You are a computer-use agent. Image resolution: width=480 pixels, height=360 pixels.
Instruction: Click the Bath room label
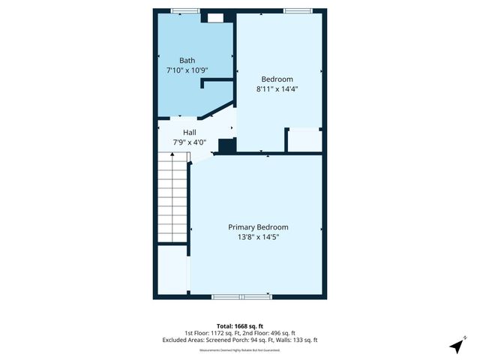pos(187,60)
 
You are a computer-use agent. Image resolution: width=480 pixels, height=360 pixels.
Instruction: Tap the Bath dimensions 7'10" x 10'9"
pos(187,70)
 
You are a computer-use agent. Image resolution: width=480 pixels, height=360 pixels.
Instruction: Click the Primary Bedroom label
pos(258,227)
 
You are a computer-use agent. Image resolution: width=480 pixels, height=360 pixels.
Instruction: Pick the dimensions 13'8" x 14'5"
pos(258,237)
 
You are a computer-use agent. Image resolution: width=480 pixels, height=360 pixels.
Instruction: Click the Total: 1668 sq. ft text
pos(239,326)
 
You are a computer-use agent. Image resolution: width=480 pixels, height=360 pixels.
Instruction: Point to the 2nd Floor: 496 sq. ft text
pos(268,333)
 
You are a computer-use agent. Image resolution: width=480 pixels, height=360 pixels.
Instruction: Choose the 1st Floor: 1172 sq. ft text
pos(211,333)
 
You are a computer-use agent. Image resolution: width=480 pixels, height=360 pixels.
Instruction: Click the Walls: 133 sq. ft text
pos(299,340)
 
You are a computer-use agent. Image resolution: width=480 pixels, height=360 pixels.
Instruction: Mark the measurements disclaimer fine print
pos(239,349)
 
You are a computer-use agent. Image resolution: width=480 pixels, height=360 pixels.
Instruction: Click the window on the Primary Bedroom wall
pos(241,297)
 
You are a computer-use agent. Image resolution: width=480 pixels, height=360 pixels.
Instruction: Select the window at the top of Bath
pos(180,10)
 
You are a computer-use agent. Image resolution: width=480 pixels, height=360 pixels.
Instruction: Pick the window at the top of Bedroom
pos(294,10)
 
